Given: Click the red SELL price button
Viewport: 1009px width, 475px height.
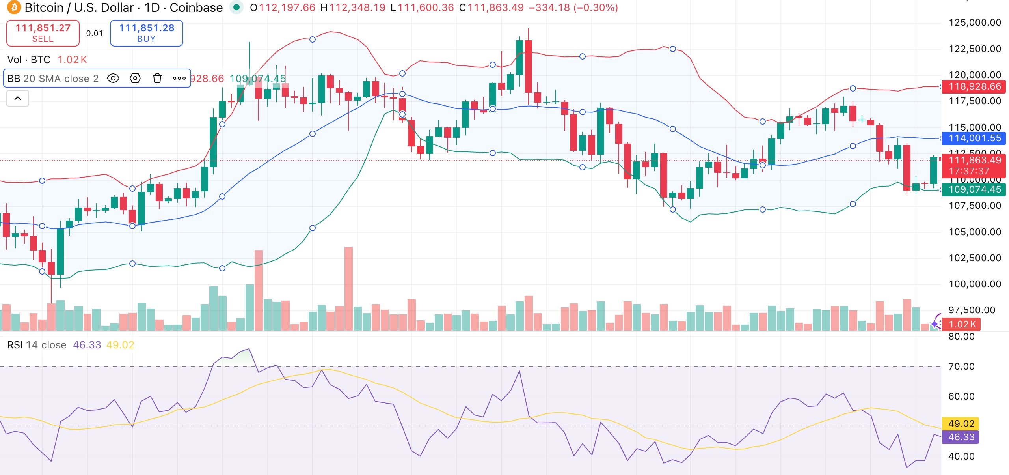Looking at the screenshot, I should [43, 33].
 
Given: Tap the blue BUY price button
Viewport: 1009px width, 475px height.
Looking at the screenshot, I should [146, 33].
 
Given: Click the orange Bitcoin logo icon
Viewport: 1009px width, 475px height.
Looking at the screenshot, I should [14, 7].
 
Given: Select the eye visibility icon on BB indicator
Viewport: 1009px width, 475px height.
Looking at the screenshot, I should [113, 78].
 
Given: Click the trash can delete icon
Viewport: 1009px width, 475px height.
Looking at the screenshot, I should [157, 78].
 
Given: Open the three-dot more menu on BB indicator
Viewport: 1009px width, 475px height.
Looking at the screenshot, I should [179, 78].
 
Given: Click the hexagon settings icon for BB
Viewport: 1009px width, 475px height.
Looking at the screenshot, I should [135, 78].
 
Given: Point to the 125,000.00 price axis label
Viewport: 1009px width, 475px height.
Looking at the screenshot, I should [974, 22].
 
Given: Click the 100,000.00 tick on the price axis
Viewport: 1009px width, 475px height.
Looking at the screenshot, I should [974, 284].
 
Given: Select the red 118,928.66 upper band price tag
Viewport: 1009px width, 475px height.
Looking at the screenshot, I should [974, 86].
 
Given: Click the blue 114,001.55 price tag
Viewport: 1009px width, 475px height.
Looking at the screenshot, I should [974, 138].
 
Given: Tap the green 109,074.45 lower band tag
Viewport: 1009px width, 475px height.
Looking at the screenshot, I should [974, 189].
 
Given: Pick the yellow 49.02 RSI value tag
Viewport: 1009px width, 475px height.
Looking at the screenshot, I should [961, 424].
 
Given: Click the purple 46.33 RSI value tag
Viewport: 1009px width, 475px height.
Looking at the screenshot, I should [961, 437].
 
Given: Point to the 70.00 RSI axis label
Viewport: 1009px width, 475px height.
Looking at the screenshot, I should [961, 367].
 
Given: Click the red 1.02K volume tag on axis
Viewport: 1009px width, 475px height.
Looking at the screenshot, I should [962, 324].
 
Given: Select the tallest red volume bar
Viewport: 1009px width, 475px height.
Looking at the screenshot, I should [348, 288].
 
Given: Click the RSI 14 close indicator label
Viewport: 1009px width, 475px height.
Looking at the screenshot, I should [37, 345].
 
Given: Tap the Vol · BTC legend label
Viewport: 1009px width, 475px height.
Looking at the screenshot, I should [29, 60].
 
